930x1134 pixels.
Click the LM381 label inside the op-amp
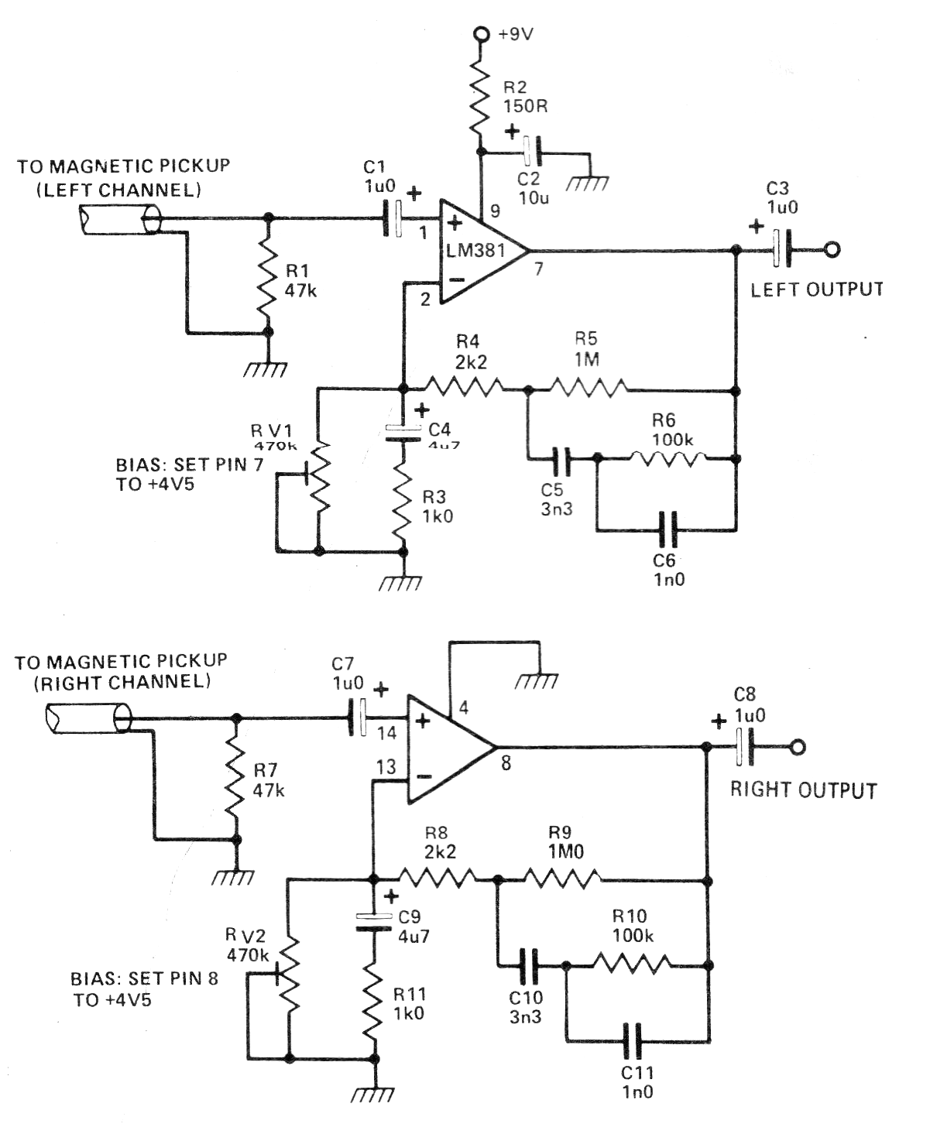tap(475, 250)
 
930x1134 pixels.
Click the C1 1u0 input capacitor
tap(393, 219)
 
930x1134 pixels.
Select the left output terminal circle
tap(832, 249)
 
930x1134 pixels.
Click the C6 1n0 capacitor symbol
tap(665, 530)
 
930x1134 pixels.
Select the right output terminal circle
tap(798, 747)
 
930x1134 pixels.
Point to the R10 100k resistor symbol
tap(631, 964)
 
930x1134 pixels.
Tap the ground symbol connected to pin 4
tap(537, 680)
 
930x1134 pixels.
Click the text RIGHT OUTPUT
tap(803, 790)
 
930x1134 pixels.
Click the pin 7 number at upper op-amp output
tap(539, 269)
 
